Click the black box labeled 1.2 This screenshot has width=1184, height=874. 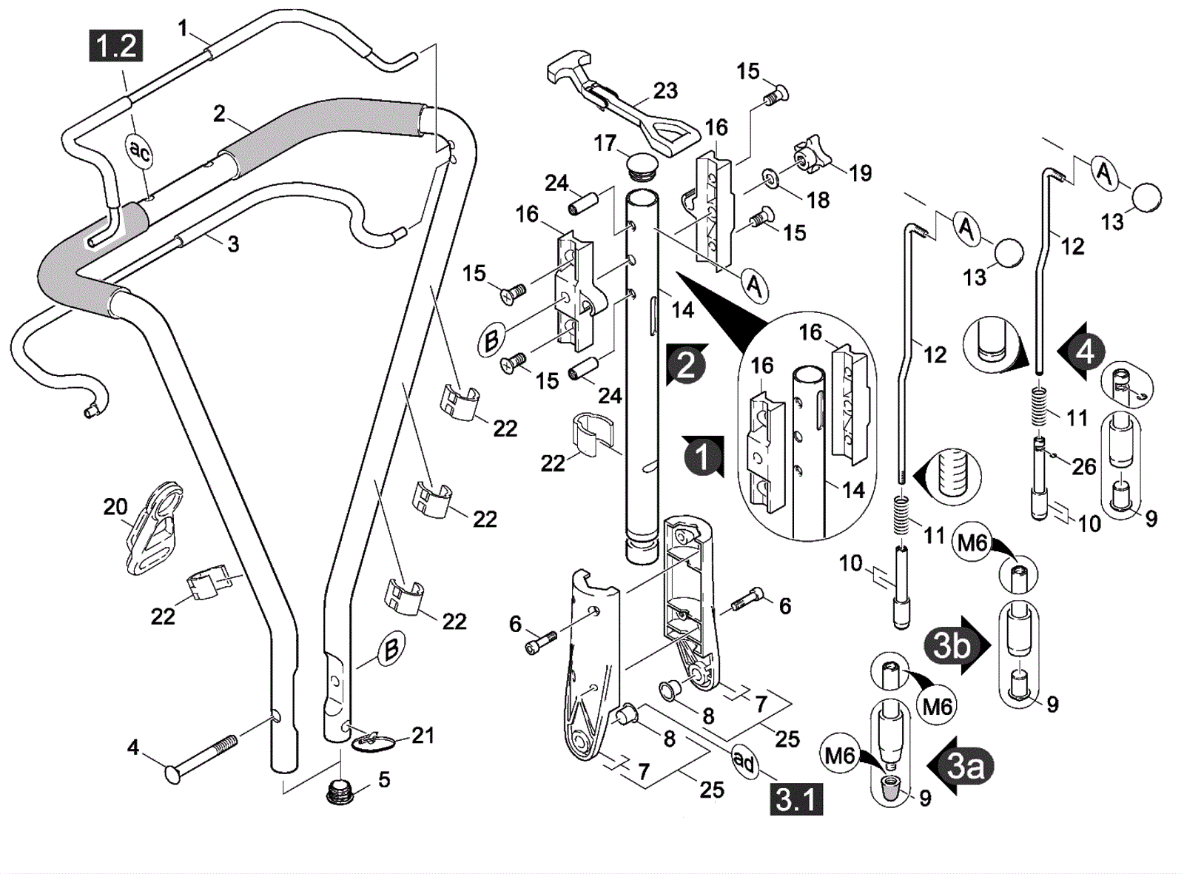(x=116, y=46)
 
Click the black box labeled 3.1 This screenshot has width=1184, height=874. (x=796, y=799)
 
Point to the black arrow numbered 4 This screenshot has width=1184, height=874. (x=1083, y=352)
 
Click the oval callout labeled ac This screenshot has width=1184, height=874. (x=139, y=152)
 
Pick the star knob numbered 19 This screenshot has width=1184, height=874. (x=809, y=155)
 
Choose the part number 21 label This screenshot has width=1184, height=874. (x=423, y=736)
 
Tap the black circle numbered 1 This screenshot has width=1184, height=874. (x=702, y=456)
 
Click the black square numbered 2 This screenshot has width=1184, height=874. (x=686, y=365)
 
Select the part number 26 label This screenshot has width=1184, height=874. (x=1084, y=466)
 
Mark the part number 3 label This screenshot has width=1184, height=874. (x=233, y=244)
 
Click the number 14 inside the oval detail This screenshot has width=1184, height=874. (x=853, y=489)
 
